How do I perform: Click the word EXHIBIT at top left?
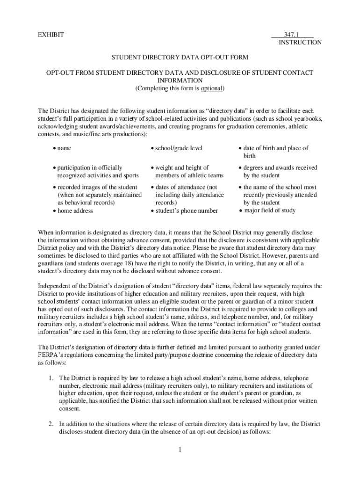coord(51,35)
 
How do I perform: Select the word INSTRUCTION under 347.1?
coord(300,43)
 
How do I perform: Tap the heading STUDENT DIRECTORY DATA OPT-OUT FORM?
coord(180,58)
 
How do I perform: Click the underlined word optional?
coord(212,88)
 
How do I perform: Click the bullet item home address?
coord(75,210)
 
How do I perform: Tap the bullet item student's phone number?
coord(180,211)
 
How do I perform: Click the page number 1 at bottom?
coord(180,450)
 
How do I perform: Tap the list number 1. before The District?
coord(52,378)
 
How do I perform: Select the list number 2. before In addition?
coord(52,424)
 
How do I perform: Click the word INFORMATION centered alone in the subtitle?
coord(180,80)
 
